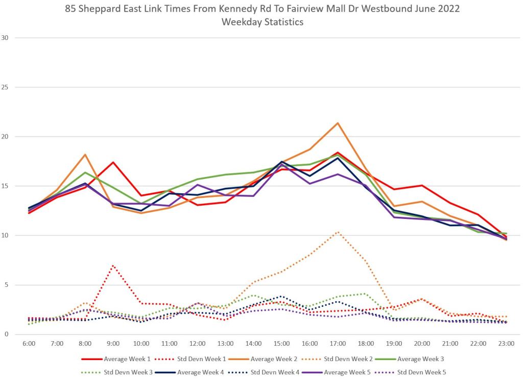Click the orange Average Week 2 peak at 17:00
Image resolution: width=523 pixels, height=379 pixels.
(338, 123)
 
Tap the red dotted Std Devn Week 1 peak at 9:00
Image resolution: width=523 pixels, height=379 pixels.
(113, 265)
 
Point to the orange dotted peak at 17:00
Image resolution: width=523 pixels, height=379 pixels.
(338, 232)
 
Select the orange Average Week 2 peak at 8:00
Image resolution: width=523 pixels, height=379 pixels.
(85, 154)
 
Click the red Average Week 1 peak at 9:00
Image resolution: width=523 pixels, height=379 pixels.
(113, 162)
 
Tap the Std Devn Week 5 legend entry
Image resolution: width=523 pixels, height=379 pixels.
(419, 372)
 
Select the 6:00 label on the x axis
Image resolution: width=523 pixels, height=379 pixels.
(29, 344)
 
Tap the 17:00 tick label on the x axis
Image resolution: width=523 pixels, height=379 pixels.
(338, 344)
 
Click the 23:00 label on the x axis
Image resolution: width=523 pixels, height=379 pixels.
(506, 344)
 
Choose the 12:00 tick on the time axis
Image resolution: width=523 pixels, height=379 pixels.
(197, 344)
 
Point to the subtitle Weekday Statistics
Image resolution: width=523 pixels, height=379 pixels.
(262, 22)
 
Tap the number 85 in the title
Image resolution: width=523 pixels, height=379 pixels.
(70, 9)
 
